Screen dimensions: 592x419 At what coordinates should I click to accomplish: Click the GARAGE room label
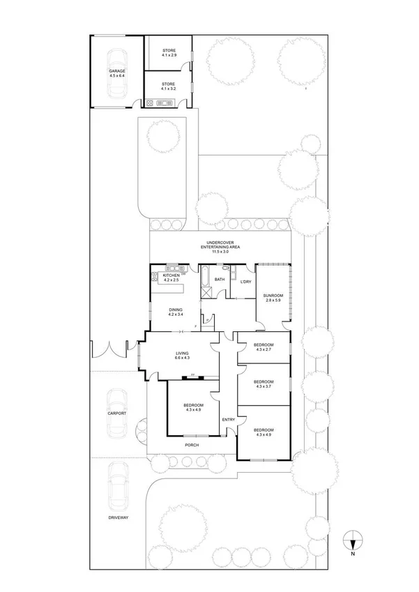116,75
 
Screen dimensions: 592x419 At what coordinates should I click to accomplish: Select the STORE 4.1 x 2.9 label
169,53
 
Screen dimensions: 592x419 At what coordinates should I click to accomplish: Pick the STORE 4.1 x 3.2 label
169,86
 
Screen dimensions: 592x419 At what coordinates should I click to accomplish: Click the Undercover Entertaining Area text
219,247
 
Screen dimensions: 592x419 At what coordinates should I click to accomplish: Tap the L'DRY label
245,281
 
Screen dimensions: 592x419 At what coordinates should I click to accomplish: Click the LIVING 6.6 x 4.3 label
183,356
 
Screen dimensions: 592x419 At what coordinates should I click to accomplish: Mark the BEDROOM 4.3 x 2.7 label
263,347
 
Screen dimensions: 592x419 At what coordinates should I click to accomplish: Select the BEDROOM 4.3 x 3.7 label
263,384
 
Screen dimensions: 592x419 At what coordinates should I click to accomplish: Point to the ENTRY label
228,419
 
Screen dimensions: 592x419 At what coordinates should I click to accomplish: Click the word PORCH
192,445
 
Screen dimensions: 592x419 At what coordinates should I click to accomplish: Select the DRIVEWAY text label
117,517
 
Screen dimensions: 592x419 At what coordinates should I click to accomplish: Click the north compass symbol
353,540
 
